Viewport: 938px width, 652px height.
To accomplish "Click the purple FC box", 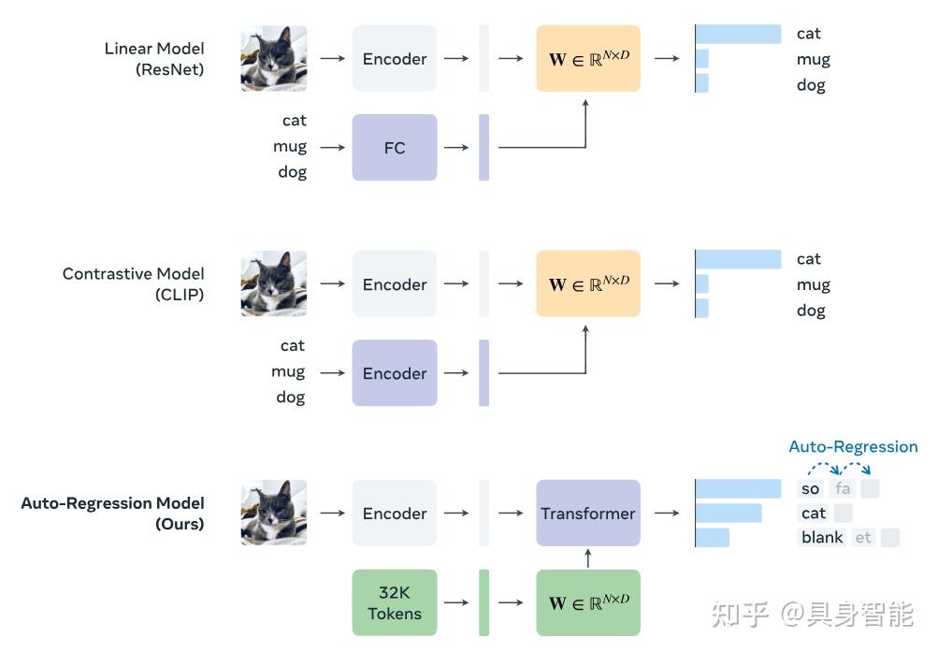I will [394, 148].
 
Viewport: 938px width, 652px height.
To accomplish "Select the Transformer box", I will [587, 513].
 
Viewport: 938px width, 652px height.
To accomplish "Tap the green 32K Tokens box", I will [394, 603].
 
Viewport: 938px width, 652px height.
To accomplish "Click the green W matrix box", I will [587, 603].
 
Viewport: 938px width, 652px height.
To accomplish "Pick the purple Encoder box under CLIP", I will [394, 373].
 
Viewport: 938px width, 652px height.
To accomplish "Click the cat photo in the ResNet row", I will [273, 58].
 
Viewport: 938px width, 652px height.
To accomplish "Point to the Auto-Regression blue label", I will [853, 446].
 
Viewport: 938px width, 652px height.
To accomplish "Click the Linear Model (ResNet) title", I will [154, 58].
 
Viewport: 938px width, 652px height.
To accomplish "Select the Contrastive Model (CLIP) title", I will [133, 283].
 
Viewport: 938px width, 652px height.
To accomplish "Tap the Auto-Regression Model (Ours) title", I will [112, 513].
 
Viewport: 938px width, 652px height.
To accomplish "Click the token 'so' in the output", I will [810, 488].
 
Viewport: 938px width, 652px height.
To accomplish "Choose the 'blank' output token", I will [822, 537].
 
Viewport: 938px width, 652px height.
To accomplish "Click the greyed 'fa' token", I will [843, 488].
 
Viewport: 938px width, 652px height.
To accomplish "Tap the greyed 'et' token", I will [862, 537].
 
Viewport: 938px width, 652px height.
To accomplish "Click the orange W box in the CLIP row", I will [587, 283].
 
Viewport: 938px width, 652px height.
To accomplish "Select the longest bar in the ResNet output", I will [739, 34].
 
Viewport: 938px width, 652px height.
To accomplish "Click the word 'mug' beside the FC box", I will [290, 147].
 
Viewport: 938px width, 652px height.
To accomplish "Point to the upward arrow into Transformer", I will [587, 558].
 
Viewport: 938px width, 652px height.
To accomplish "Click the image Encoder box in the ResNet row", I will [394, 58].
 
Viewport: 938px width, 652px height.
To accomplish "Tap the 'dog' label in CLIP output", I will [811, 310].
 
